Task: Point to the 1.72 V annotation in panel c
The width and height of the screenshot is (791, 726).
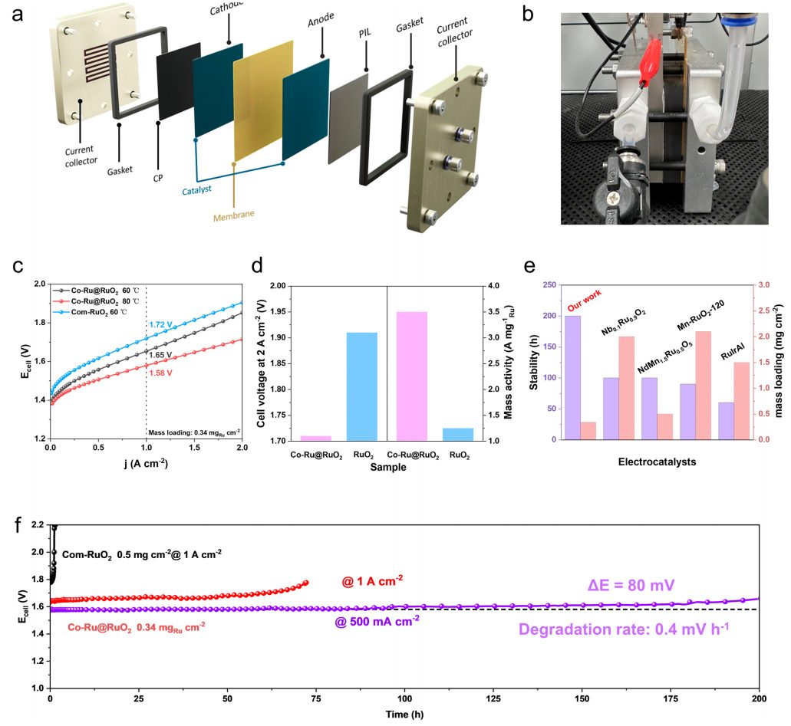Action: (x=160, y=325)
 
